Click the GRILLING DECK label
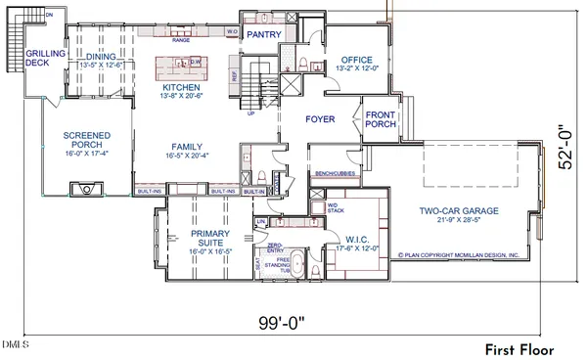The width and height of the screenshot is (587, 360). pyautogui.click(x=44, y=58)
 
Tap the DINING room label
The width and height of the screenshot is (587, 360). pyautogui.click(x=101, y=58)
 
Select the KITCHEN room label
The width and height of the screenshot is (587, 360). pyautogui.click(x=180, y=88)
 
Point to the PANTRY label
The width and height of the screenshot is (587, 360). pyautogui.click(x=263, y=34)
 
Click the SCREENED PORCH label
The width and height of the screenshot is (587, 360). pyautogui.click(x=86, y=140)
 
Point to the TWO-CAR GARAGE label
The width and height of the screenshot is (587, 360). pyautogui.click(x=460, y=209)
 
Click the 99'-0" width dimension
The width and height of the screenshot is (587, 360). pyautogui.click(x=281, y=322)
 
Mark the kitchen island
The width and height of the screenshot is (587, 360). pyautogui.click(x=181, y=67)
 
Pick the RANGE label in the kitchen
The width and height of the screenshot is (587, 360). pyautogui.click(x=181, y=42)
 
